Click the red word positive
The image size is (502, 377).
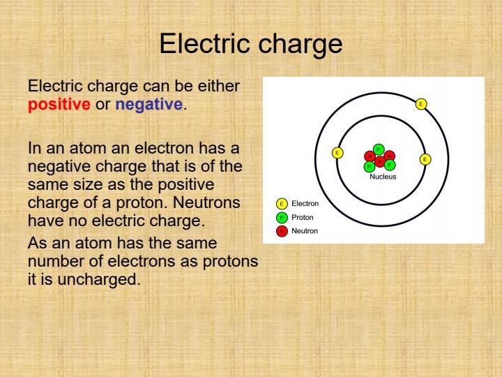coord(59,105)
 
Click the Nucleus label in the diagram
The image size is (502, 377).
coord(383,177)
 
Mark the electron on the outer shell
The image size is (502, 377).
coord(420,104)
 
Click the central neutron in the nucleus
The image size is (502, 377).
coord(379,161)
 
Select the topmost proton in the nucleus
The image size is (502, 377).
coord(378,149)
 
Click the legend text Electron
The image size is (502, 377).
coord(305,204)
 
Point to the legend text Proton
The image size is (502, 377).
coord(303,217)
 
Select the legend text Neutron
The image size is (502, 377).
coord(305,230)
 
